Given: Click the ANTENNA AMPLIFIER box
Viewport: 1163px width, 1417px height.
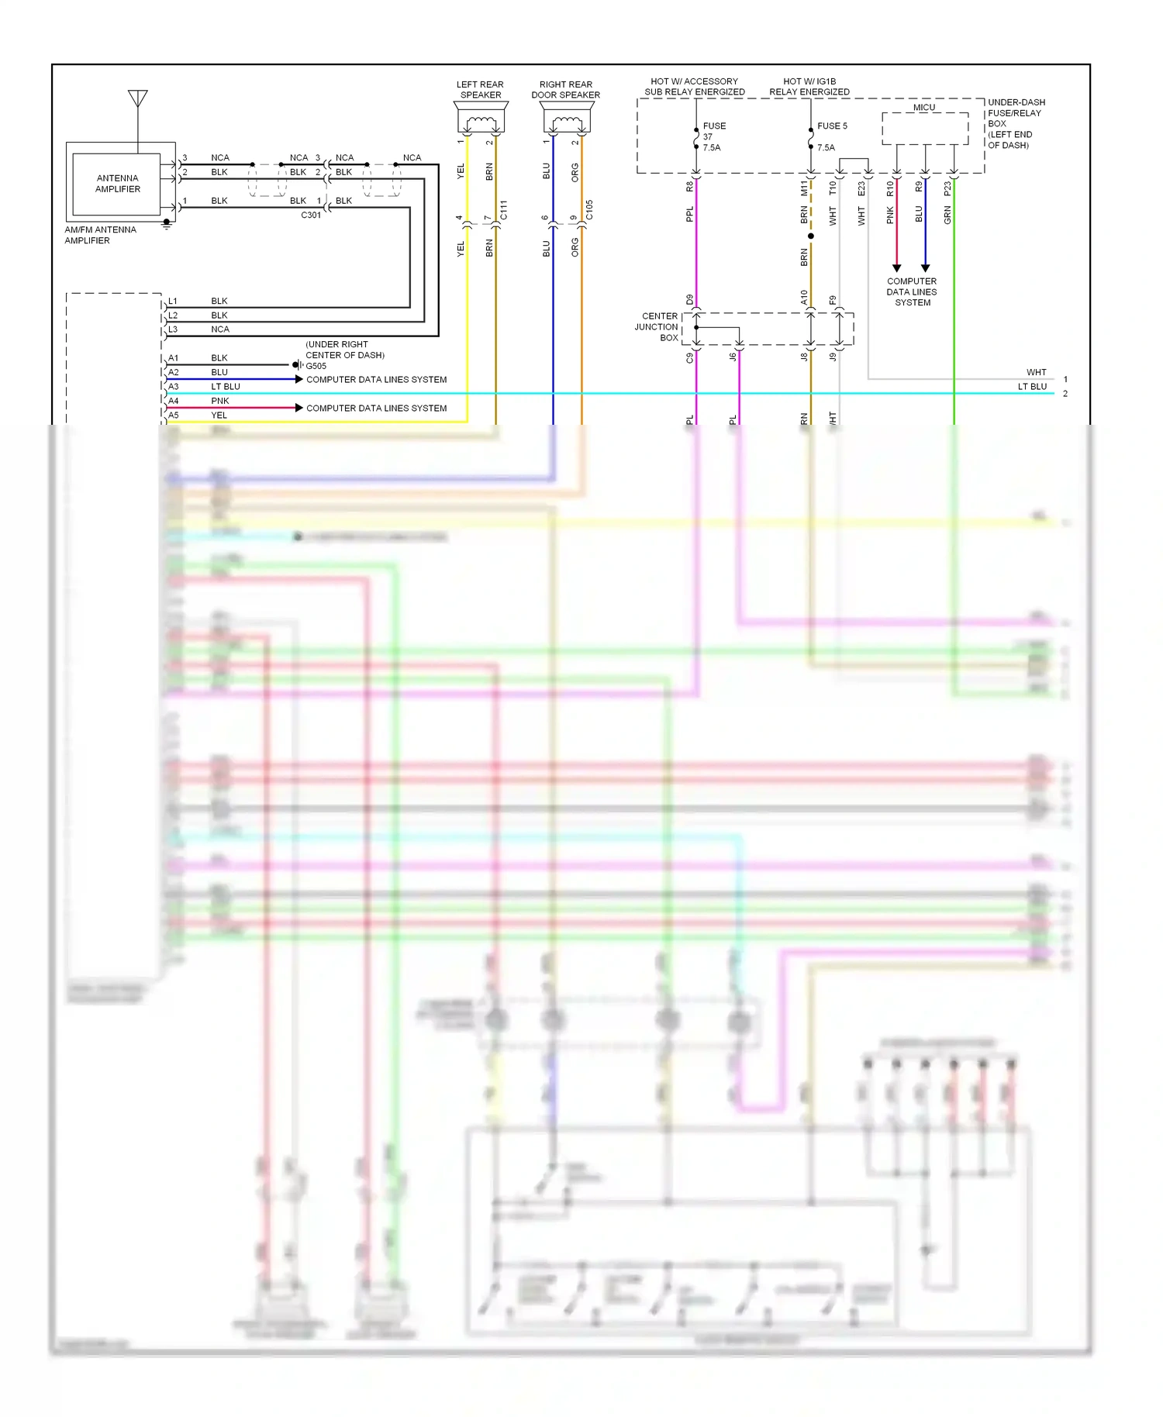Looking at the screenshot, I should [118, 184].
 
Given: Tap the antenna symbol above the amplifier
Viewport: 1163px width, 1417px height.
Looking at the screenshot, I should [138, 98].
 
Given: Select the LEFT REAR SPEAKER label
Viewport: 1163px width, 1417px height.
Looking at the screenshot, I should [481, 90].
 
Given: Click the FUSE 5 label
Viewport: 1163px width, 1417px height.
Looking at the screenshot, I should [832, 126].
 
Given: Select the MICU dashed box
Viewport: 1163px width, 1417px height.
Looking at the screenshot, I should [925, 128].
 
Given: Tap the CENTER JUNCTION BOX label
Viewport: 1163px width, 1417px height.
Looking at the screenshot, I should [657, 327].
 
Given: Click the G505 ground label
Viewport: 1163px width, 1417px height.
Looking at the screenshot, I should [316, 366].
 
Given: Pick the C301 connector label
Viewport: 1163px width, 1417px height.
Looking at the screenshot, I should [311, 215].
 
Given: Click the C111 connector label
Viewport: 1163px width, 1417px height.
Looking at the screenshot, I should [503, 209].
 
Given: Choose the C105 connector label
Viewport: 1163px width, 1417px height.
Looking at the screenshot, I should [589, 209].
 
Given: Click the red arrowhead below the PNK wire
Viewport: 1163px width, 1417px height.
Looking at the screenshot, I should [897, 268].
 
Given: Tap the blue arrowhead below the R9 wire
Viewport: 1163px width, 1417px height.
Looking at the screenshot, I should [925, 268].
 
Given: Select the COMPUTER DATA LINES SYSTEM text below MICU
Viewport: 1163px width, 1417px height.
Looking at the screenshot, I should [912, 292].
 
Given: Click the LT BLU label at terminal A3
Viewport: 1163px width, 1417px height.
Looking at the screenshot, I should [226, 386].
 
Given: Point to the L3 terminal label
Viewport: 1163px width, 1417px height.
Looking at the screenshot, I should [173, 329].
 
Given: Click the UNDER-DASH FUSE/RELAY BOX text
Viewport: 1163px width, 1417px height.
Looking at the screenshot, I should [1015, 123].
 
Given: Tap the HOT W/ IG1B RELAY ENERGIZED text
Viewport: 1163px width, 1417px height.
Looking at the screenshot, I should [809, 86].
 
